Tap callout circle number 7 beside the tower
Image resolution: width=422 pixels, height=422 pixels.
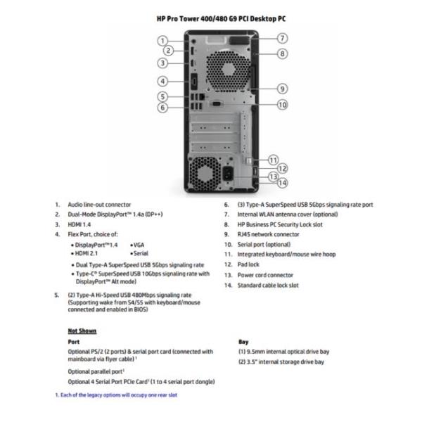(282, 38)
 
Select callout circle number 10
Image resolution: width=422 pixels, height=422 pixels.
(282, 105)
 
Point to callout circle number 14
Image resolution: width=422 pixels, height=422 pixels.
(282, 184)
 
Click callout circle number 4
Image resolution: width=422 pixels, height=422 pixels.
(162, 81)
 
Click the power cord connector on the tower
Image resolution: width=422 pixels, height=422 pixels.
(230, 172)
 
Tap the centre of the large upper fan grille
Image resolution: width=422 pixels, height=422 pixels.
(228, 70)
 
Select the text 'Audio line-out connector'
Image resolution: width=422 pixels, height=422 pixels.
(99, 205)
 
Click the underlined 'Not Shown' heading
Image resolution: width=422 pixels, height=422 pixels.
(82, 330)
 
